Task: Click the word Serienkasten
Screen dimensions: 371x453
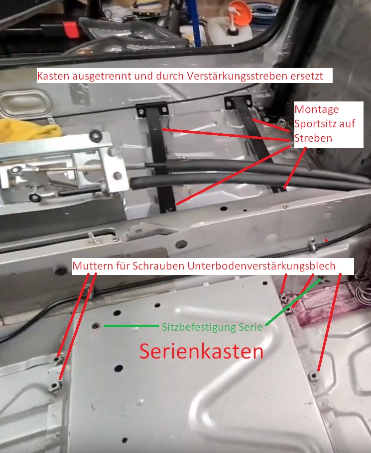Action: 201,352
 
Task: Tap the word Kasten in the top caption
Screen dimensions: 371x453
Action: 54,76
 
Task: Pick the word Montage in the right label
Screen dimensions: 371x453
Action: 317,109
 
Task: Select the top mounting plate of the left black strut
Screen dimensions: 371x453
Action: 152,108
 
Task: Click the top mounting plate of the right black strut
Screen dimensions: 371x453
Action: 239,101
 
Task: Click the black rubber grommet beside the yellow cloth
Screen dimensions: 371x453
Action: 96,135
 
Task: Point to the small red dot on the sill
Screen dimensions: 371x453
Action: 326,240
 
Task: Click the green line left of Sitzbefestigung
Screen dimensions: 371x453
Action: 131,326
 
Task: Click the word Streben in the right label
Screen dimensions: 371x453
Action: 313,138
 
